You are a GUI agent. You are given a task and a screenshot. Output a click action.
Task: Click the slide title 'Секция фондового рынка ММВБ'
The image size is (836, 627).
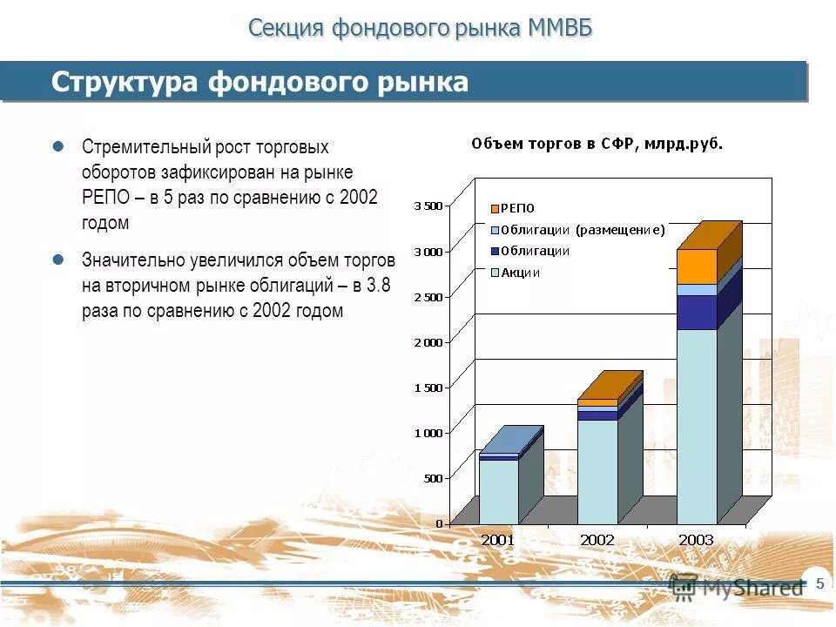pos(420,28)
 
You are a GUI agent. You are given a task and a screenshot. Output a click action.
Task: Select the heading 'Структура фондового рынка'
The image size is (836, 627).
pos(260,82)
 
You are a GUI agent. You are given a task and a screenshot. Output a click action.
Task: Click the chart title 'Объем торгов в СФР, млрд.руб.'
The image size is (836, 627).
pos(597,144)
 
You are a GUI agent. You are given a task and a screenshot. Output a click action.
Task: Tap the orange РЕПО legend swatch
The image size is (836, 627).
pos(495,209)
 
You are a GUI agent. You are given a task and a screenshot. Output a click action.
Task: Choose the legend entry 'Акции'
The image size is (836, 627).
pos(521,273)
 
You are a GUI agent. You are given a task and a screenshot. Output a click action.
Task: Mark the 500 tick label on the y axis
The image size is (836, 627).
pos(433,478)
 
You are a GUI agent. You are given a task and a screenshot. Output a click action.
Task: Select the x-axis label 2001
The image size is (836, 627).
pos(498,540)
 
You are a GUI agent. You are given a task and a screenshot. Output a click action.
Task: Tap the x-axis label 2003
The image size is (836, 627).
pos(696,540)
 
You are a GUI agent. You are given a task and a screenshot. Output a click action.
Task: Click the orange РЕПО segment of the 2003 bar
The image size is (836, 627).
pos(696,266)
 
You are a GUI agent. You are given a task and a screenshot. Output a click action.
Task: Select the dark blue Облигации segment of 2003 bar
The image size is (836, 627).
pos(696,312)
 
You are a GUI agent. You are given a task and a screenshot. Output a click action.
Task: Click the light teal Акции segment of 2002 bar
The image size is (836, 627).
pos(597,470)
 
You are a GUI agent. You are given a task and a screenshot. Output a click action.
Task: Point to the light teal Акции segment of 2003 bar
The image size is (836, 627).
pos(696,427)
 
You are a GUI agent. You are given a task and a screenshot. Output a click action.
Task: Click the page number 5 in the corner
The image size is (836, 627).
pos(819,583)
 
